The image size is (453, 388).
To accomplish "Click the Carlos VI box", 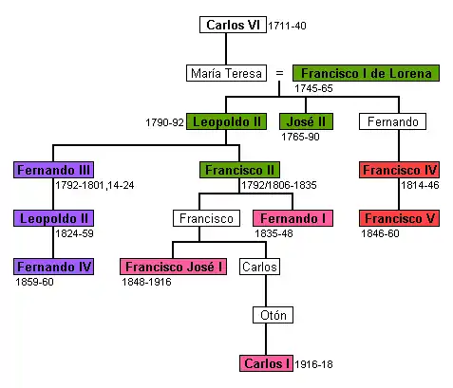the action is click(233, 25).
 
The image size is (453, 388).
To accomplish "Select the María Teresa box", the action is click(226, 73).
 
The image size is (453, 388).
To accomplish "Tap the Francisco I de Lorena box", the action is click(366, 73).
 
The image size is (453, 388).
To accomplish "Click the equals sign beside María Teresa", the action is click(279, 73).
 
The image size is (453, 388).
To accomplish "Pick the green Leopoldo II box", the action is click(226, 121).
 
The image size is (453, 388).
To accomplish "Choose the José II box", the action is click(306, 121).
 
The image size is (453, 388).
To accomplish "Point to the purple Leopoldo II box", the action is click(53, 218).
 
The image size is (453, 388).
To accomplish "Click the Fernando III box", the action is click(53, 170).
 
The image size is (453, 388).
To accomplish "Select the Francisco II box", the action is click(239, 170).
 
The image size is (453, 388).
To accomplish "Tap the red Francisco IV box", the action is click(399, 170).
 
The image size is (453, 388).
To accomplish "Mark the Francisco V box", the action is click(399, 218).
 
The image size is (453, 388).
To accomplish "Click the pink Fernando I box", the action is click(293, 218).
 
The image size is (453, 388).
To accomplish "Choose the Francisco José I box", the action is click(173, 267).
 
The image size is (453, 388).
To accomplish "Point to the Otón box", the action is click(273, 315).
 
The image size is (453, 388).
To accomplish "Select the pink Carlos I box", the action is click(266, 363).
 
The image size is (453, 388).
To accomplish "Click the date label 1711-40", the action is click(287, 26).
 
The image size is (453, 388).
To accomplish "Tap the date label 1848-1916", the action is click(146, 282).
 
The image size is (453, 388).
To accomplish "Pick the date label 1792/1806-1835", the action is click(279, 185).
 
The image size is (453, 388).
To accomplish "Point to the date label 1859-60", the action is click(34, 282).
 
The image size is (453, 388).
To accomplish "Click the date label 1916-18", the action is click(313, 364).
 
